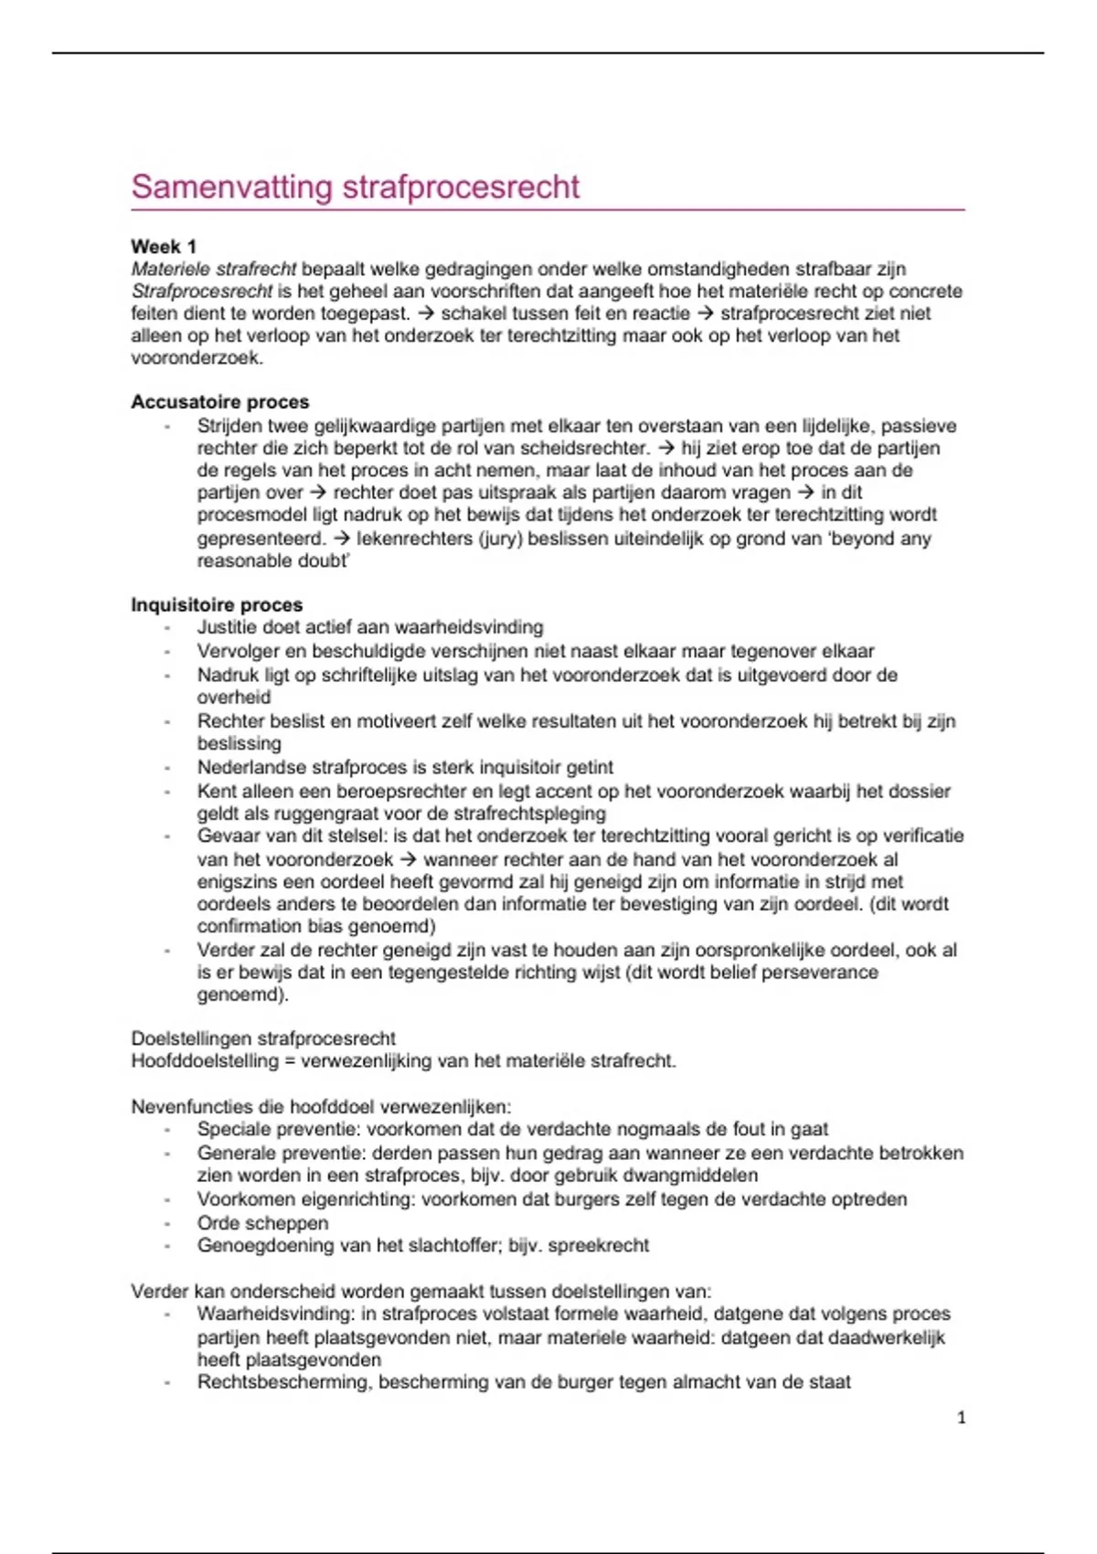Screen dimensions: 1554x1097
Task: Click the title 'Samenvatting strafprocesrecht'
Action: click(355, 187)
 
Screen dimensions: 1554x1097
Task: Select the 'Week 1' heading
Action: click(164, 247)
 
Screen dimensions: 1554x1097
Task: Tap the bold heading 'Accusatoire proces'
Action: click(219, 402)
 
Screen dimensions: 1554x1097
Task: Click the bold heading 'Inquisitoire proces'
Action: click(217, 605)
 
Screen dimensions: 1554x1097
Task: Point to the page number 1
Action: click(961, 1418)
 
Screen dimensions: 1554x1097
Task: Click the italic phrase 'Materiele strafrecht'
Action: click(213, 270)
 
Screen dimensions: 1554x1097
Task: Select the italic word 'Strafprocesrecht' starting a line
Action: click(201, 292)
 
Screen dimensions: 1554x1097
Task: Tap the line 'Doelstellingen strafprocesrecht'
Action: click(263, 1039)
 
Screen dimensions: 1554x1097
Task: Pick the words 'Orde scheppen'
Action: click(262, 1223)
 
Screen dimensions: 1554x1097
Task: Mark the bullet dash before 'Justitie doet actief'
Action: click(167, 628)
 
